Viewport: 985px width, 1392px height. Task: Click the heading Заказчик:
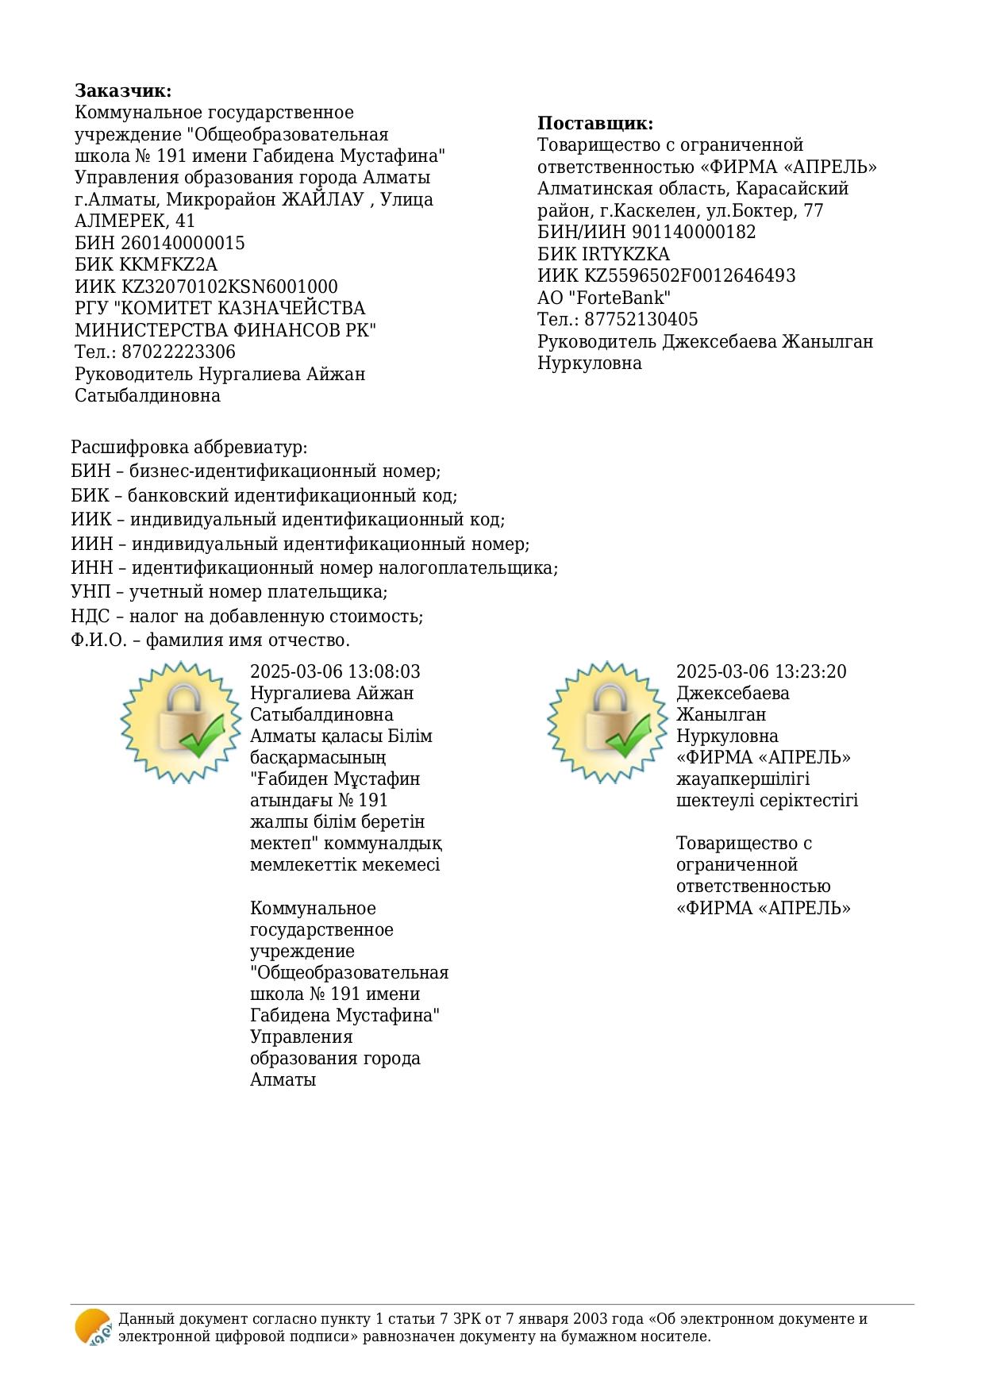(x=123, y=90)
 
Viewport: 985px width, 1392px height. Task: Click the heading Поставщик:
(x=595, y=123)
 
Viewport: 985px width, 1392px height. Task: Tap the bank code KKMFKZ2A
(x=168, y=264)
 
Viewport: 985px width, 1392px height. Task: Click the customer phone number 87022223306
(x=179, y=352)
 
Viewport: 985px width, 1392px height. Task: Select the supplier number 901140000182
(x=694, y=232)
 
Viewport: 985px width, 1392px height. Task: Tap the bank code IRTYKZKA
(x=627, y=254)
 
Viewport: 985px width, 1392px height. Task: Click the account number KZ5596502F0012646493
(x=690, y=275)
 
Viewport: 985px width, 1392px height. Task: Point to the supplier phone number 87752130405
(x=641, y=319)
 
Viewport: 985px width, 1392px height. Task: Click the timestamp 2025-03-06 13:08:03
(x=335, y=671)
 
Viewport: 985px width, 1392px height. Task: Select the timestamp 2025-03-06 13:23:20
(x=761, y=671)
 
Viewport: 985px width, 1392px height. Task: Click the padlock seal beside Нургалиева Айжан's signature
(x=181, y=721)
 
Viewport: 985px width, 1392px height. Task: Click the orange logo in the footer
(x=93, y=1327)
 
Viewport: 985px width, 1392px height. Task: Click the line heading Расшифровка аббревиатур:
(x=189, y=448)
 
